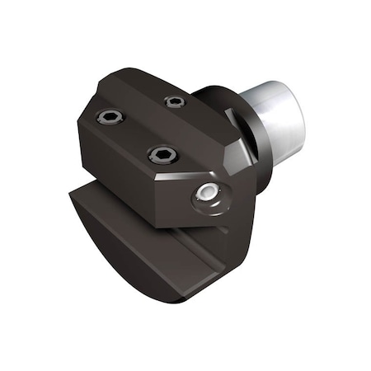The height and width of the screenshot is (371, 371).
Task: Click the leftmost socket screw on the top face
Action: coord(109,117)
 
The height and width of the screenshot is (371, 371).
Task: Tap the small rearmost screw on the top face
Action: coord(175,101)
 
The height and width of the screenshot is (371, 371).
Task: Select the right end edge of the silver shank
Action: coord(302,124)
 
